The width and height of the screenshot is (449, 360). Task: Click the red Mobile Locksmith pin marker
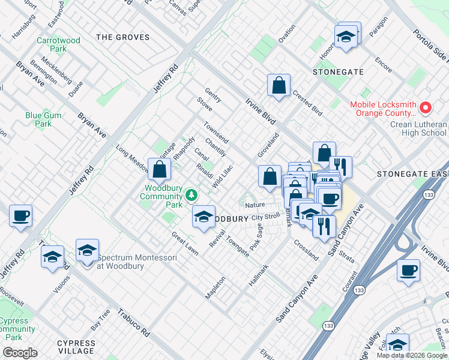426,108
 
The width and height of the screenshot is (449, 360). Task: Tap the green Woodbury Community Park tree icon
191,194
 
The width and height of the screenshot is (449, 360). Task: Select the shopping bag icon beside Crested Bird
279,86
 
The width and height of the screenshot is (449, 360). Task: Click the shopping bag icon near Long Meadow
160,170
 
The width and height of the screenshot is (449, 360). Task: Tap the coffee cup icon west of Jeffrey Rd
21,216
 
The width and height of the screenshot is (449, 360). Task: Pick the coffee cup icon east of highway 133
409,270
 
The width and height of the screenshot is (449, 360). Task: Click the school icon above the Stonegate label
346,37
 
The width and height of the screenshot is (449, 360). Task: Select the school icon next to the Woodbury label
203,216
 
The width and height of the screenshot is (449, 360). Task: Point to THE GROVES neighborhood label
122,37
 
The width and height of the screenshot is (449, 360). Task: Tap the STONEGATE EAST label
412,174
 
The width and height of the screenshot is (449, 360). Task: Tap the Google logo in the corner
20,353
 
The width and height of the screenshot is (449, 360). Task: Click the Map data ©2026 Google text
411,355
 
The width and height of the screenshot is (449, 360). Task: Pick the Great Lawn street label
184,243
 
